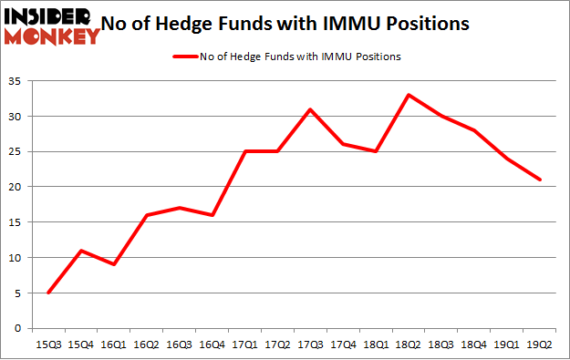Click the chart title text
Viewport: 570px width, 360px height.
click(291, 24)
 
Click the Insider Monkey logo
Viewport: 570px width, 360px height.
click(51, 25)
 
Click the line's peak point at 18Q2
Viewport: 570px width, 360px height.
click(409, 95)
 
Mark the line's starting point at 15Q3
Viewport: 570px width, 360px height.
click(48, 293)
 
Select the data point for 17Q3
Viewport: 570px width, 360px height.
click(310, 109)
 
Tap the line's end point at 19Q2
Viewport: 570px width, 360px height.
click(540, 180)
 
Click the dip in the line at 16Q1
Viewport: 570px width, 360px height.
click(114, 264)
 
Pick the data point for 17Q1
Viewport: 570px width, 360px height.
click(244, 151)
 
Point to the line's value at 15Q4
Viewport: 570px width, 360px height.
click(81, 250)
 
